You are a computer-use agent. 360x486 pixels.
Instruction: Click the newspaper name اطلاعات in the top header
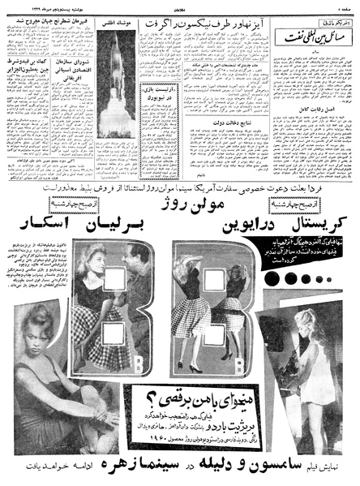180,6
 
